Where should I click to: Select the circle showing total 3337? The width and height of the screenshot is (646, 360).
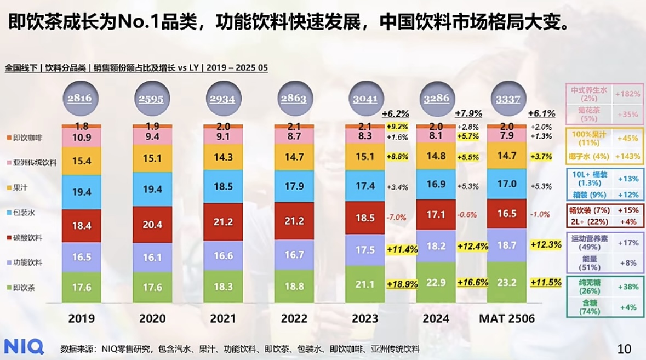pyautogui.click(x=507, y=99)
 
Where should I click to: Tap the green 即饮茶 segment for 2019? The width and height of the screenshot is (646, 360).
pyautogui.click(x=82, y=287)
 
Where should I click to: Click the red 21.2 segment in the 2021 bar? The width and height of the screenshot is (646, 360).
pyautogui.click(x=223, y=222)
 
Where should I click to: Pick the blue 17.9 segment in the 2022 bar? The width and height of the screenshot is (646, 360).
pyautogui.click(x=294, y=186)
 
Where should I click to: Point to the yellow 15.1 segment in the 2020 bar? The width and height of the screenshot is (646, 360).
pyautogui.click(x=152, y=158)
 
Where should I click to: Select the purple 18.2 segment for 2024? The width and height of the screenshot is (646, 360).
pyautogui.click(x=436, y=246)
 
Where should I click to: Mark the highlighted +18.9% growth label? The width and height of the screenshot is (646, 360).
pyautogui.click(x=402, y=284)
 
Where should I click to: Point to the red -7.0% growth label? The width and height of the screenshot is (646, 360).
pyautogui.click(x=396, y=217)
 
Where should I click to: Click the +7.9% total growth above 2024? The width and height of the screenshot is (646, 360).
pyautogui.click(x=468, y=113)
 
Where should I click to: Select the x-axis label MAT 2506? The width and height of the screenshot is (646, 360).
pyautogui.click(x=507, y=318)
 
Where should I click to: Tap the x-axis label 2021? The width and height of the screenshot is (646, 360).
pyautogui.click(x=223, y=318)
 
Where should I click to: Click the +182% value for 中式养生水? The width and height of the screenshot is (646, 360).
pyautogui.click(x=627, y=94)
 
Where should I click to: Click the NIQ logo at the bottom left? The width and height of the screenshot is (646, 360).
pyautogui.click(x=24, y=346)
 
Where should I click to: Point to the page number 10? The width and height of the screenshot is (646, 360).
pyautogui.click(x=624, y=348)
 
